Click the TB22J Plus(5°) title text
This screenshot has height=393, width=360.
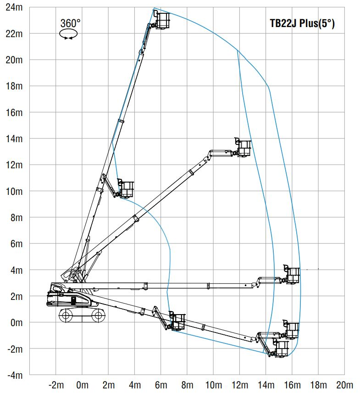[x=302, y=23]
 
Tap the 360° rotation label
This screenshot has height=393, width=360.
[x=71, y=23]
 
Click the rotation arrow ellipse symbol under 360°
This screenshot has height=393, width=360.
[x=68, y=34]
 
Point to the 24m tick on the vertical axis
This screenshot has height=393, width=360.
[x=14, y=7]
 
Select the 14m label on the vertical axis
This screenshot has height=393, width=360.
[x=14, y=138]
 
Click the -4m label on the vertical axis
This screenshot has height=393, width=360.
[x=15, y=375]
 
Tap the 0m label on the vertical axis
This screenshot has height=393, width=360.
[x=17, y=322]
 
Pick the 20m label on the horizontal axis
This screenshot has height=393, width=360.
[x=344, y=385]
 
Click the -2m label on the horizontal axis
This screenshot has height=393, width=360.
[x=56, y=385]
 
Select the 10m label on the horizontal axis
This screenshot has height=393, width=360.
[x=214, y=385]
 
